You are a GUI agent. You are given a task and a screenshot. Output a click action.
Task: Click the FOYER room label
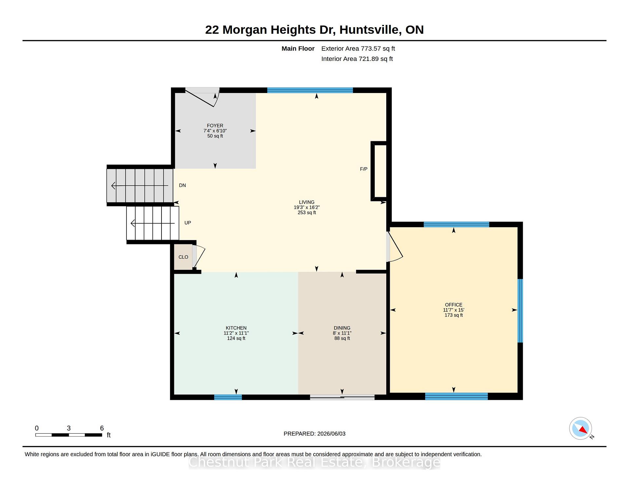point(215,125)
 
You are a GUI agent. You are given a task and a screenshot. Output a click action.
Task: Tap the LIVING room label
point(307,202)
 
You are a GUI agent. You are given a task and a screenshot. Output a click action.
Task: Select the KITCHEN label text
point(236,328)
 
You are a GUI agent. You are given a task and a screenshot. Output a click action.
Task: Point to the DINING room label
point(342,328)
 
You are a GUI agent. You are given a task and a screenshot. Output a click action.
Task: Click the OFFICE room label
point(454,305)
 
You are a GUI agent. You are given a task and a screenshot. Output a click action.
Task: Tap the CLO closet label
point(183,257)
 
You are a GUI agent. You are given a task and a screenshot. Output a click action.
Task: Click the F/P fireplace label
point(364,169)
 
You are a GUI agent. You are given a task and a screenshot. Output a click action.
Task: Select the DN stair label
point(182,185)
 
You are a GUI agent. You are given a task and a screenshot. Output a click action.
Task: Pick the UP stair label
point(188,223)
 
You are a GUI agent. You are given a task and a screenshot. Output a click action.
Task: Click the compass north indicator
point(581,428)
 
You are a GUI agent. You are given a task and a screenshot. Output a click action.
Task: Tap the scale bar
point(69,435)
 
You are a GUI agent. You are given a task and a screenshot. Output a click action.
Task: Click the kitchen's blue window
point(228,397)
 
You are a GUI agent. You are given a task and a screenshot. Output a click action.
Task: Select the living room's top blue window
point(310,90)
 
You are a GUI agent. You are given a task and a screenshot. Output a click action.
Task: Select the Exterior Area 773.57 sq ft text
point(358,48)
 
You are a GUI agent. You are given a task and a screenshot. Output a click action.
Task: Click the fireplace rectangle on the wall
point(379,171)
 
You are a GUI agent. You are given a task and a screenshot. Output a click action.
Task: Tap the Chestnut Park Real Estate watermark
point(314,462)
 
